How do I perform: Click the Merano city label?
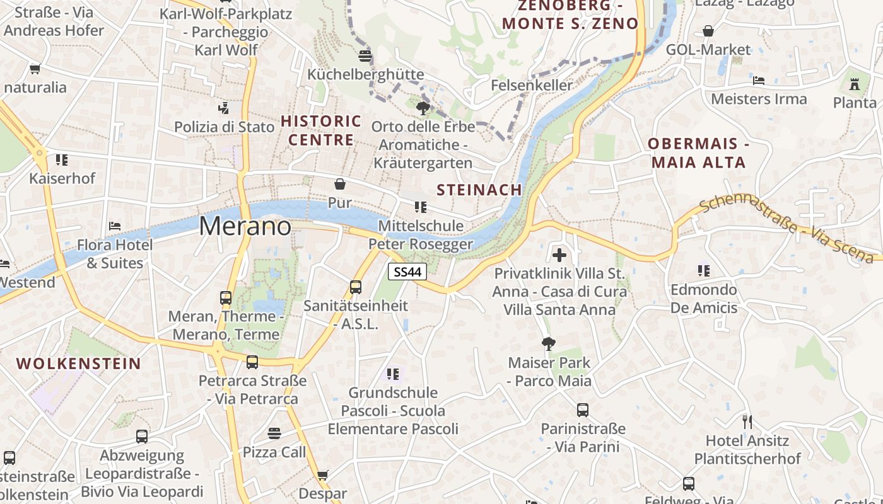point(245,226)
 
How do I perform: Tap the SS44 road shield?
point(407,272)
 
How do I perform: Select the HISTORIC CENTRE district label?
point(321,130)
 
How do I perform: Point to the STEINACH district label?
point(479,190)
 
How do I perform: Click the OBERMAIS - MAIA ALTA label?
point(698,153)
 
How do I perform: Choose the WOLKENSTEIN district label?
point(79,364)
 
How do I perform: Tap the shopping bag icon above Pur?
point(340,184)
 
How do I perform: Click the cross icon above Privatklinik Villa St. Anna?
point(559,255)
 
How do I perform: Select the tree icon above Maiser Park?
point(549,344)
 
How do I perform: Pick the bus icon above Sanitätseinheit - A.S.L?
point(356,287)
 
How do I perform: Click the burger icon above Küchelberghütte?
point(365,55)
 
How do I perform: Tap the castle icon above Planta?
point(855,84)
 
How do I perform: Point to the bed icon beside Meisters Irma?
point(759,81)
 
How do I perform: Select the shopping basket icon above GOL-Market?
point(708,31)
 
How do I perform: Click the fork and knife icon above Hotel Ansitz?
point(747,421)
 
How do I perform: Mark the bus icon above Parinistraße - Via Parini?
point(583,410)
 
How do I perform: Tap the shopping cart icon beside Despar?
point(322,474)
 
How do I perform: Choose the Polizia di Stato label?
point(225,127)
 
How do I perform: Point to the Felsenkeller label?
point(532,85)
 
